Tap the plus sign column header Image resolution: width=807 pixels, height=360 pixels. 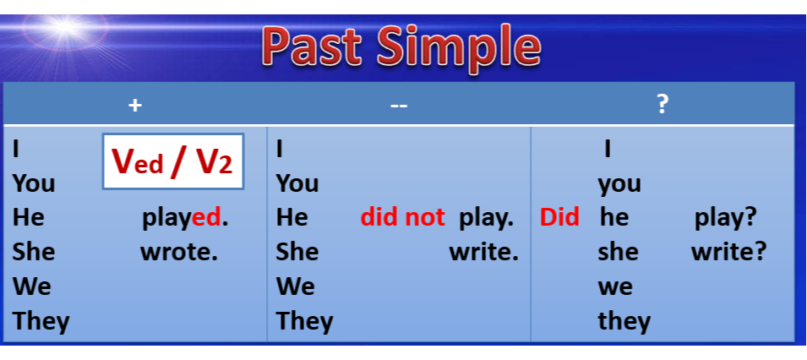(135, 106)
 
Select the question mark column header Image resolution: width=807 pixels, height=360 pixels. (663, 105)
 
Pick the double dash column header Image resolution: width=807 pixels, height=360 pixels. (399, 106)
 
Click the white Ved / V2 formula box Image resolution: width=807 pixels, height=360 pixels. (173, 161)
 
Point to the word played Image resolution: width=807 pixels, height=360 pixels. (185, 218)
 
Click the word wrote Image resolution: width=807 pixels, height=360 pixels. (179, 252)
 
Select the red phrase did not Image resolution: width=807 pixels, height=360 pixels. (402, 217)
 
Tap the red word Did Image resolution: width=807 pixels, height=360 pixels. (559, 217)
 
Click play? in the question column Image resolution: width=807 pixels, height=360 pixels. (725, 218)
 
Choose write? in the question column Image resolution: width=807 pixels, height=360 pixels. (728, 252)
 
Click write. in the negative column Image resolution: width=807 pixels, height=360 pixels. (484, 252)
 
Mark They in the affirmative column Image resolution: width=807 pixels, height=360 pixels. (41, 321)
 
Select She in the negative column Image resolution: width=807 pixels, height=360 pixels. (297, 252)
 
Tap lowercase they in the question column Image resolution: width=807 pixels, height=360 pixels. (624, 321)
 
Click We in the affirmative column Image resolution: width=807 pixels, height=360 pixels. (32, 286)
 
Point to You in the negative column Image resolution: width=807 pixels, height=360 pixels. (297, 183)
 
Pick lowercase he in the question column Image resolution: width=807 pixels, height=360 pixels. (614, 217)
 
